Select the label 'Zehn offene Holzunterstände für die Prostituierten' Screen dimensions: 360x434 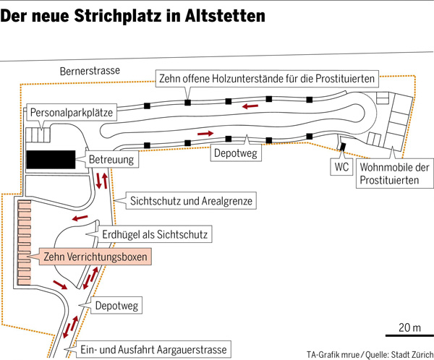pos(266,77)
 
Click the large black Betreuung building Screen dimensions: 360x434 pos(51,159)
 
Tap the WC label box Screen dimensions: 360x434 pos(341,166)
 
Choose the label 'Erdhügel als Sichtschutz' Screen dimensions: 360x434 pos(156,234)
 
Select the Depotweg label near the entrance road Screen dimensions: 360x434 pos(116,307)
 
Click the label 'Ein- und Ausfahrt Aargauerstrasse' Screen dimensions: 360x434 pos(157,349)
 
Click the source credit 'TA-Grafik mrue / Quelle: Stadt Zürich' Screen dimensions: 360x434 pos(366,354)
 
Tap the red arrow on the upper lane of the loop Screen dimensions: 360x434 pos(252,107)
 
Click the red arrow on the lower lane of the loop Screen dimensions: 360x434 pos(206,134)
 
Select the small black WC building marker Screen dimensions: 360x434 pos(342,147)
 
